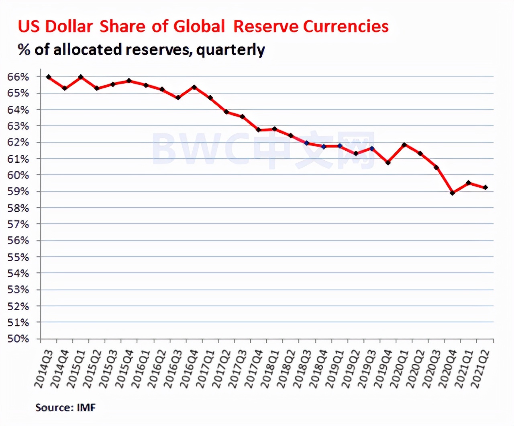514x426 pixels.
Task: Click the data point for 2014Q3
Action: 49,77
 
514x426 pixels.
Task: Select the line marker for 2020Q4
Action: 453,193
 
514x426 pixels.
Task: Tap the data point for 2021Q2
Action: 485,187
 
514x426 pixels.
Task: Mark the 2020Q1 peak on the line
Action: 404,145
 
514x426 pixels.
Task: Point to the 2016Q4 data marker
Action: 194,87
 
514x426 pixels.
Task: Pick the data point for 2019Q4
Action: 388,163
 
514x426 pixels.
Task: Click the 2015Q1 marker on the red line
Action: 81,77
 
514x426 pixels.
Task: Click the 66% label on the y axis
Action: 18,77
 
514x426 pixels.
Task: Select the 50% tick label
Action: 18,339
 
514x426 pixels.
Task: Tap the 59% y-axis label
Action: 18,192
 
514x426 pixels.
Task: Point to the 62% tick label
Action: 18,142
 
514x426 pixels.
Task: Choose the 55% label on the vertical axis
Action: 18,257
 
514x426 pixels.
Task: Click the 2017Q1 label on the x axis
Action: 205,369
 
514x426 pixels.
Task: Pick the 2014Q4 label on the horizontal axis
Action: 59,369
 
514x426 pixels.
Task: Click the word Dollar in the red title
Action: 69,27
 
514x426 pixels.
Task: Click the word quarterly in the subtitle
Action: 230,50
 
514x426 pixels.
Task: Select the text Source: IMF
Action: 65,408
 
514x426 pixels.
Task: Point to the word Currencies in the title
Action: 346,27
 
